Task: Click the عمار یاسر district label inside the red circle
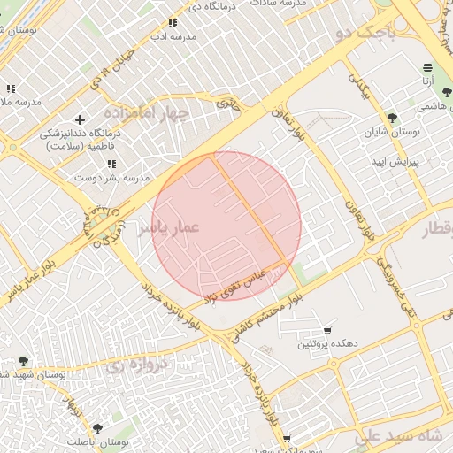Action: click(x=168, y=227)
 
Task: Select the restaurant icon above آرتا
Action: click(x=428, y=66)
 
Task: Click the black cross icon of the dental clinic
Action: click(x=81, y=119)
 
